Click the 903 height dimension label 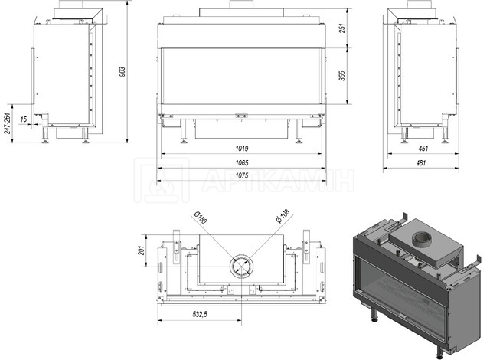point(122,71)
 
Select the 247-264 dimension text point(8,123)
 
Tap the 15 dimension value point(24,119)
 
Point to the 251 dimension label point(342,28)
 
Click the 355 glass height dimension point(342,76)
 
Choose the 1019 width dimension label point(242,149)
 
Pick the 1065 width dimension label point(242,163)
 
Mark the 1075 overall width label point(242,175)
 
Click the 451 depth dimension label point(423,149)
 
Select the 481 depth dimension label point(421,163)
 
